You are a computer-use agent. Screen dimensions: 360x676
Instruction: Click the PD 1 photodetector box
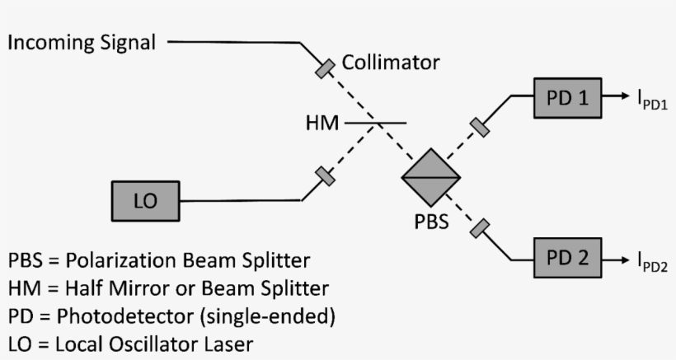[567, 98]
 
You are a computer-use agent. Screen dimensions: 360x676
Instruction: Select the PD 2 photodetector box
[567, 258]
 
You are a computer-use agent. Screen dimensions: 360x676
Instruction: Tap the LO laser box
[144, 200]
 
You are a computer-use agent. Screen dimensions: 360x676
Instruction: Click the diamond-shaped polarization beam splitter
[431, 175]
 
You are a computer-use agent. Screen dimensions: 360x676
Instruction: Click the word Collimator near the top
[391, 63]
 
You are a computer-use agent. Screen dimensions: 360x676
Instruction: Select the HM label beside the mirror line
[322, 124]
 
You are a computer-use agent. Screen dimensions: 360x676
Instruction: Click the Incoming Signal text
[82, 42]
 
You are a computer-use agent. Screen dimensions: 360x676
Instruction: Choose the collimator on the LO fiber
[325, 176]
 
